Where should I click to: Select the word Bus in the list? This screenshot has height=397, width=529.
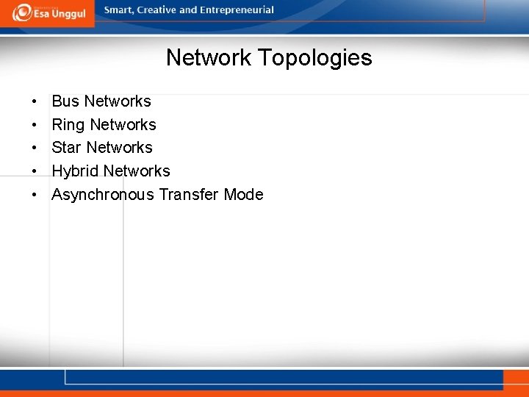click(65, 101)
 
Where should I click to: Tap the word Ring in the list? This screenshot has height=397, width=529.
click(68, 125)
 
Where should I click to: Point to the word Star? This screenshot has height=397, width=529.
click(66, 148)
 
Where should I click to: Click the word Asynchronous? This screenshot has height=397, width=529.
click(102, 195)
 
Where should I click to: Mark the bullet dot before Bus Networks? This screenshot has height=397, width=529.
click(35, 101)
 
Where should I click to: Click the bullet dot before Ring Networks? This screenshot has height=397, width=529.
click(35, 125)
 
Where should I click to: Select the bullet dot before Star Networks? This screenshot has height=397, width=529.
click(35, 148)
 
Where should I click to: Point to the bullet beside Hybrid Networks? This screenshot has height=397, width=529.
click(35, 171)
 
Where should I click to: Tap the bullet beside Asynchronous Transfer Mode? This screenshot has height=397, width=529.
click(35, 195)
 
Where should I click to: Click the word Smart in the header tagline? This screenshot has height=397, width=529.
click(120, 10)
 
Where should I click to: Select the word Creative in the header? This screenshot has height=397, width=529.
click(161, 10)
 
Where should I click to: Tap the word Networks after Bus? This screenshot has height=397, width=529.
click(118, 101)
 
